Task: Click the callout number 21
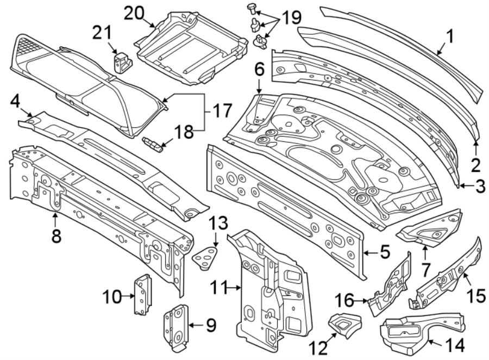(x=102, y=33)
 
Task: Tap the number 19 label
(x=291, y=17)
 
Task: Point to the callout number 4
(x=16, y=101)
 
